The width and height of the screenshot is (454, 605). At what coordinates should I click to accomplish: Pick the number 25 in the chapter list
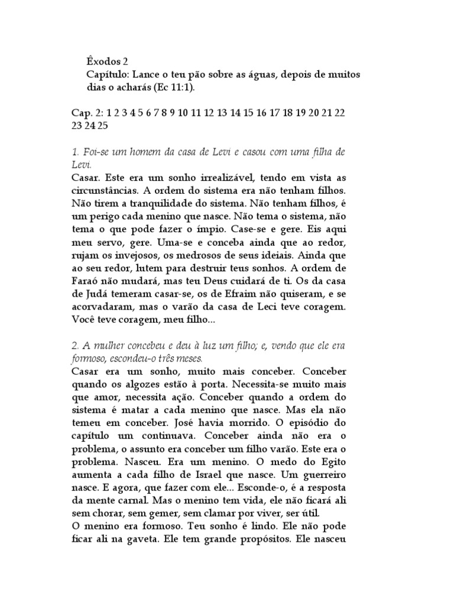102,125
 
